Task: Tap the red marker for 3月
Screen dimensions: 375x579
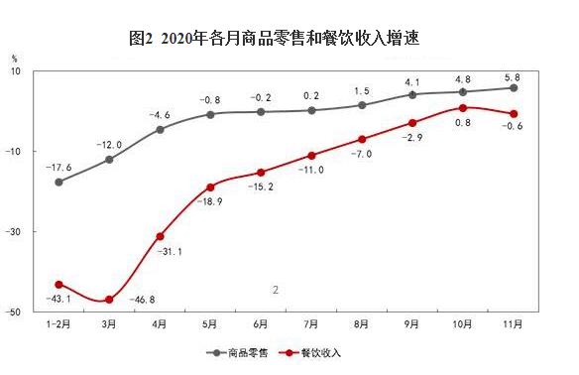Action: click(x=109, y=300)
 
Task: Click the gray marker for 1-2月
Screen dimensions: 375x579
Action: click(x=58, y=182)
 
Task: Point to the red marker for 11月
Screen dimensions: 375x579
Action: click(x=514, y=113)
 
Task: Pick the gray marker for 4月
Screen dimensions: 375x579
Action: click(x=160, y=130)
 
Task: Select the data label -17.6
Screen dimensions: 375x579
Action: click(x=60, y=166)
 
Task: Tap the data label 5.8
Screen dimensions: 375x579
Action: click(x=514, y=73)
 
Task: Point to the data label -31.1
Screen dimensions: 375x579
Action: click(x=170, y=253)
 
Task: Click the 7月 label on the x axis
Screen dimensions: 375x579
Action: click(x=311, y=324)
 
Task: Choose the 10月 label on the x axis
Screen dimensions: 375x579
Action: click(x=463, y=324)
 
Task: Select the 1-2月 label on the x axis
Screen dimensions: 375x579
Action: click(x=58, y=324)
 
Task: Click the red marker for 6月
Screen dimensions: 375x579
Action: click(x=261, y=173)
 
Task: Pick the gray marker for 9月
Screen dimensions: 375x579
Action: click(x=412, y=95)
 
